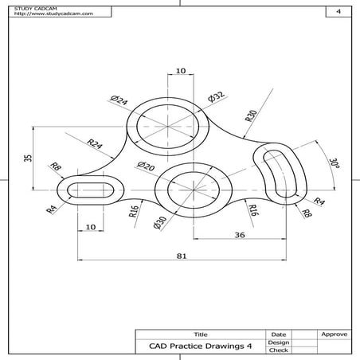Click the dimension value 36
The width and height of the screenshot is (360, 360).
pos(239,234)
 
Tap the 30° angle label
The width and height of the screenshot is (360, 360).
pos(333,164)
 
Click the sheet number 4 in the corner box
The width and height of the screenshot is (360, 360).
pos(338,12)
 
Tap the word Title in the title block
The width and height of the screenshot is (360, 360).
pos(199,335)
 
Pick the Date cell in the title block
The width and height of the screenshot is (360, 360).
pos(278,335)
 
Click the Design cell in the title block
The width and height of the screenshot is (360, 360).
pos(278,342)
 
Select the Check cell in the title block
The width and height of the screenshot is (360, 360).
pos(278,350)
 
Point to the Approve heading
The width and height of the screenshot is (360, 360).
pos(332,335)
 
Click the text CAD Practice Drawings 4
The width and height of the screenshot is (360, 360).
pos(200,346)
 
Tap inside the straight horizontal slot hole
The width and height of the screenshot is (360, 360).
pos(88,190)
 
